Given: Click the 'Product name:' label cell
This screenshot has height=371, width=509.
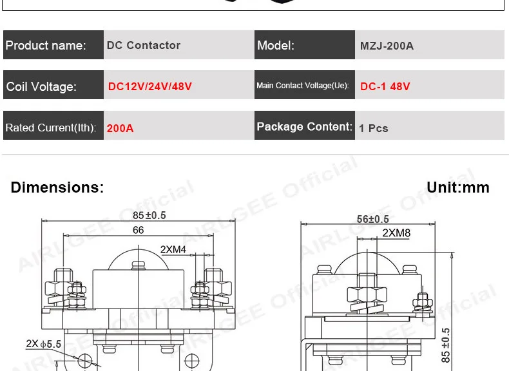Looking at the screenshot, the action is pyautogui.click(x=53, y=45).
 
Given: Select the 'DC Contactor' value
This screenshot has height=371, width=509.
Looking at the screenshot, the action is pyautogui.click(x=144, y=45).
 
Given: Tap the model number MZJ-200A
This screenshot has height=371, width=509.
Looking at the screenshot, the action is pyautogui.click(x=387, y=46).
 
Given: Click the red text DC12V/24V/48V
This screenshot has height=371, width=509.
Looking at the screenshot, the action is pyautogui.click(x=149, y=86).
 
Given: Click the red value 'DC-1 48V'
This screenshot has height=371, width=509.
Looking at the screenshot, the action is pyautogui.click(x=385, y=86).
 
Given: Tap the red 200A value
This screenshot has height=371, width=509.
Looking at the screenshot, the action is pyautogui.click(x=120, y=128).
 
